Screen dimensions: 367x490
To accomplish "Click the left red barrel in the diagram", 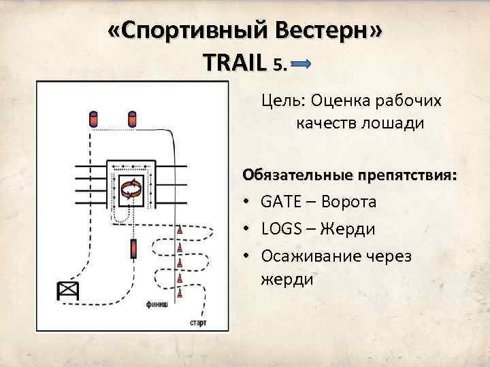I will (x=93, y=120).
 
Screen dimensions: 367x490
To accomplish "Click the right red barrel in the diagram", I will (x=132, y=120).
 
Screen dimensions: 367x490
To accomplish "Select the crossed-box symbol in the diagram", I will (x=69, y=291).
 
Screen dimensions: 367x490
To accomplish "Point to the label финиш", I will (x=157, y=305).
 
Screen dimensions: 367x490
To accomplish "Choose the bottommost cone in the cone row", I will (x=180, y=293).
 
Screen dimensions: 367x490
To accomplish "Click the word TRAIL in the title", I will (x=234, y=63).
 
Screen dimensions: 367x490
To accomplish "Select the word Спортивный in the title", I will (x=187, y=33).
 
